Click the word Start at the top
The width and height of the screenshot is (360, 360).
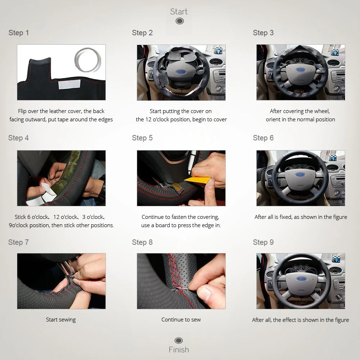179,12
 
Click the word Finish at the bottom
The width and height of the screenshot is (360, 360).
179,350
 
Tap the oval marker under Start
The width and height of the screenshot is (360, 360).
180,21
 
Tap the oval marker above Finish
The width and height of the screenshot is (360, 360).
179,341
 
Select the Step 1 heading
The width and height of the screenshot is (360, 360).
19,33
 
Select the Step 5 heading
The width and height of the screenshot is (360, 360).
142,138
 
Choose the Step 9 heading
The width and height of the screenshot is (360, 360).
263,242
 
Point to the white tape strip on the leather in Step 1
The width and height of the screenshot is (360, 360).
69,84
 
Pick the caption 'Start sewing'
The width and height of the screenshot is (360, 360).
61,319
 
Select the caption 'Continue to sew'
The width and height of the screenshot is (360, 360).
181,319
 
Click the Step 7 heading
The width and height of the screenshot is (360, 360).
18,242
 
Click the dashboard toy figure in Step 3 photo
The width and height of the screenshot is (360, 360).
335,51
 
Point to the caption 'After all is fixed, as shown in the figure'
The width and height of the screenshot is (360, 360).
301,217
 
